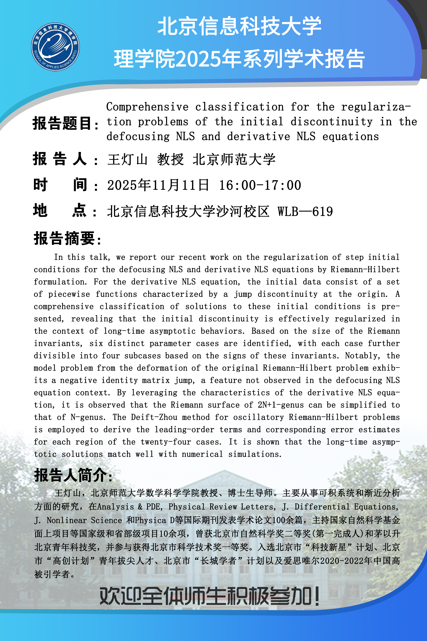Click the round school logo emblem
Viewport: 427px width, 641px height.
(x=56, y=47)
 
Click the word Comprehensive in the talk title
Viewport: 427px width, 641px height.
(x=147, y=107)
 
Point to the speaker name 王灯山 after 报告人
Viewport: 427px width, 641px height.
(x=127, y=159)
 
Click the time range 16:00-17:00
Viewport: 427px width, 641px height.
(x=260, y=185)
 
